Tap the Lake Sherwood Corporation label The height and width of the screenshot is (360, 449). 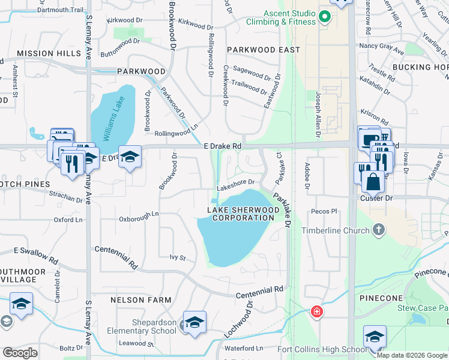(243, 214)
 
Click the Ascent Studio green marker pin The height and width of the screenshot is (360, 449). (325, 17)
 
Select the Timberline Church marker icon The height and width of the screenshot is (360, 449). (379, 230)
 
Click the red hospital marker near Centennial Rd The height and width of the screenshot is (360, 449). (316, 312)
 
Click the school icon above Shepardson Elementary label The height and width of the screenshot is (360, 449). (194, 323)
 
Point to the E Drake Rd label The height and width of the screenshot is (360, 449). (222, 146)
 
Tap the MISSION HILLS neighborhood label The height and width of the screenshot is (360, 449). (49, 53)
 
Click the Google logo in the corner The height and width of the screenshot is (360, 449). (20, 353)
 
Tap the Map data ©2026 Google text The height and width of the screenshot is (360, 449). (412, 355)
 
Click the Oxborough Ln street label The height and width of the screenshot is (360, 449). (139, 214)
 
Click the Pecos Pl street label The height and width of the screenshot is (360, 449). (325, 212)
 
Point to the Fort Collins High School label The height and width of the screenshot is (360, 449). (321, 350)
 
